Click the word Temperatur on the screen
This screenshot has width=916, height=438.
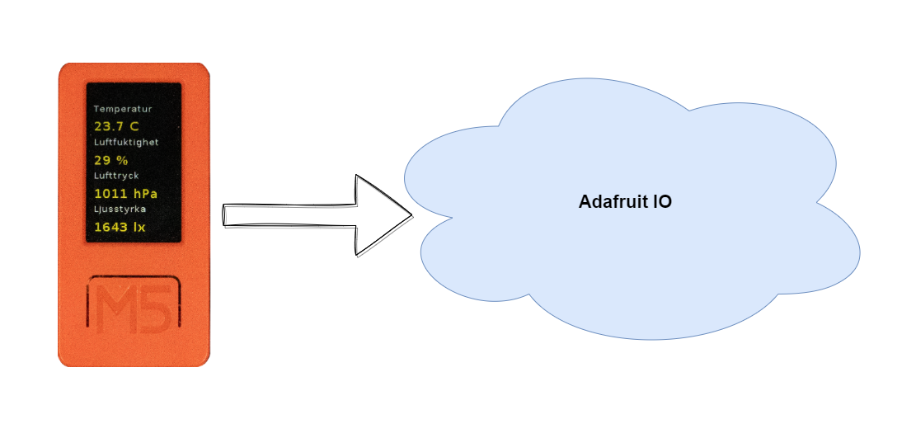click(x=123, y=109)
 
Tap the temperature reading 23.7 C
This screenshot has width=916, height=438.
click(x=117, y=126)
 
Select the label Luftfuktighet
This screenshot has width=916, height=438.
click(x=126, y=142)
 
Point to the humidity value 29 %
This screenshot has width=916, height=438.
click(x=111, y=160)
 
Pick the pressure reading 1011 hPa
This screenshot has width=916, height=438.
click(x=126, y=194)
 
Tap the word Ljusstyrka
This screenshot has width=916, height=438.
click(x=120, y=210)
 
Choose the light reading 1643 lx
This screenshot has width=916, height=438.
click(x=120, y=227)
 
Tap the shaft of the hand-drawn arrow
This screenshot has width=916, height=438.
click(x=289, y=214)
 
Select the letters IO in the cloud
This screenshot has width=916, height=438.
click(x=660, y=202)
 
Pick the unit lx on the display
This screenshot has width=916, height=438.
click(x=139, y=227)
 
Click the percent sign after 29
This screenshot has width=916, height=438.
click(x=123, y=160)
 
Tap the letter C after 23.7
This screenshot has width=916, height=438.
click(x=134, y=126)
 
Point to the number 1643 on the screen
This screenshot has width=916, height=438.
click(x=111, y=227)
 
